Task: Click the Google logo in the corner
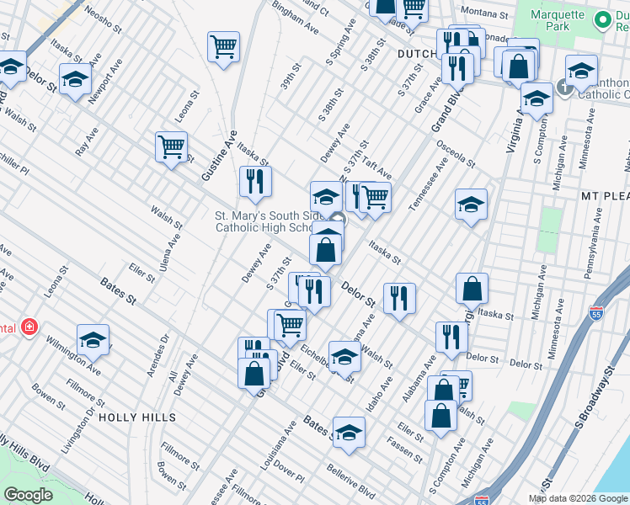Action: [x=28, y=495]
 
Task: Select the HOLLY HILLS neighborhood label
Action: [x=138, y=417]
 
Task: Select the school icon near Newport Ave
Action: [x=75, y=80]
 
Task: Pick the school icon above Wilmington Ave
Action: [x=93, y=340]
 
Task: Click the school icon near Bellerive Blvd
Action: [x=349, y=433]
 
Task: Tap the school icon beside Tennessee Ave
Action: [x=471, y=204]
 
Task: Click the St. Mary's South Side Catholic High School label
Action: [x=263, y=221]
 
